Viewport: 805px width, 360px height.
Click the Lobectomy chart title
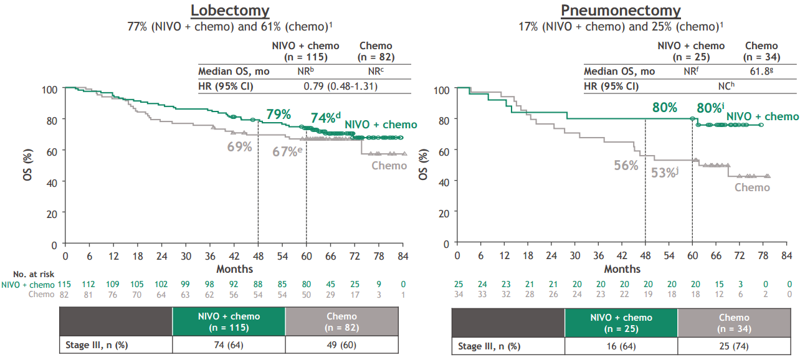tap(230, 11)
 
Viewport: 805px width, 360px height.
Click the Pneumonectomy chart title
tap(621, 11)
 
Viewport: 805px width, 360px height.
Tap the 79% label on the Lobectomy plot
tap(279, 115)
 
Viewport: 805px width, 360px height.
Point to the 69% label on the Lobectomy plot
tap(239, 147)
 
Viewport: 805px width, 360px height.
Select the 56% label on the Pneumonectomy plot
tap(626, 165)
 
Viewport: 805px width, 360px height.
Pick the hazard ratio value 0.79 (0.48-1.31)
tap(341, 86)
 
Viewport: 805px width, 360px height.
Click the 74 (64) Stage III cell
tap(229, 344)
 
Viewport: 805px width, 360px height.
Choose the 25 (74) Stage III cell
tap(733, 346)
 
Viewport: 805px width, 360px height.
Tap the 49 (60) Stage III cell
tap(341, 344)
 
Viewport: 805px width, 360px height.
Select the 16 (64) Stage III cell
tap(621, 346)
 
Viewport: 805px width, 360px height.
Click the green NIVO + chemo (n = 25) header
tap(621, 323)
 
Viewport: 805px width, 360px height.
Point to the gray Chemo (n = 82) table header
tap(341, 321)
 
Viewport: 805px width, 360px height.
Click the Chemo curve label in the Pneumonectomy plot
tap(752, 187)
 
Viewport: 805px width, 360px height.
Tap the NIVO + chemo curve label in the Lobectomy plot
tap(381, 125)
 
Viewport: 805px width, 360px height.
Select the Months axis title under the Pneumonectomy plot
tap(622, 269)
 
